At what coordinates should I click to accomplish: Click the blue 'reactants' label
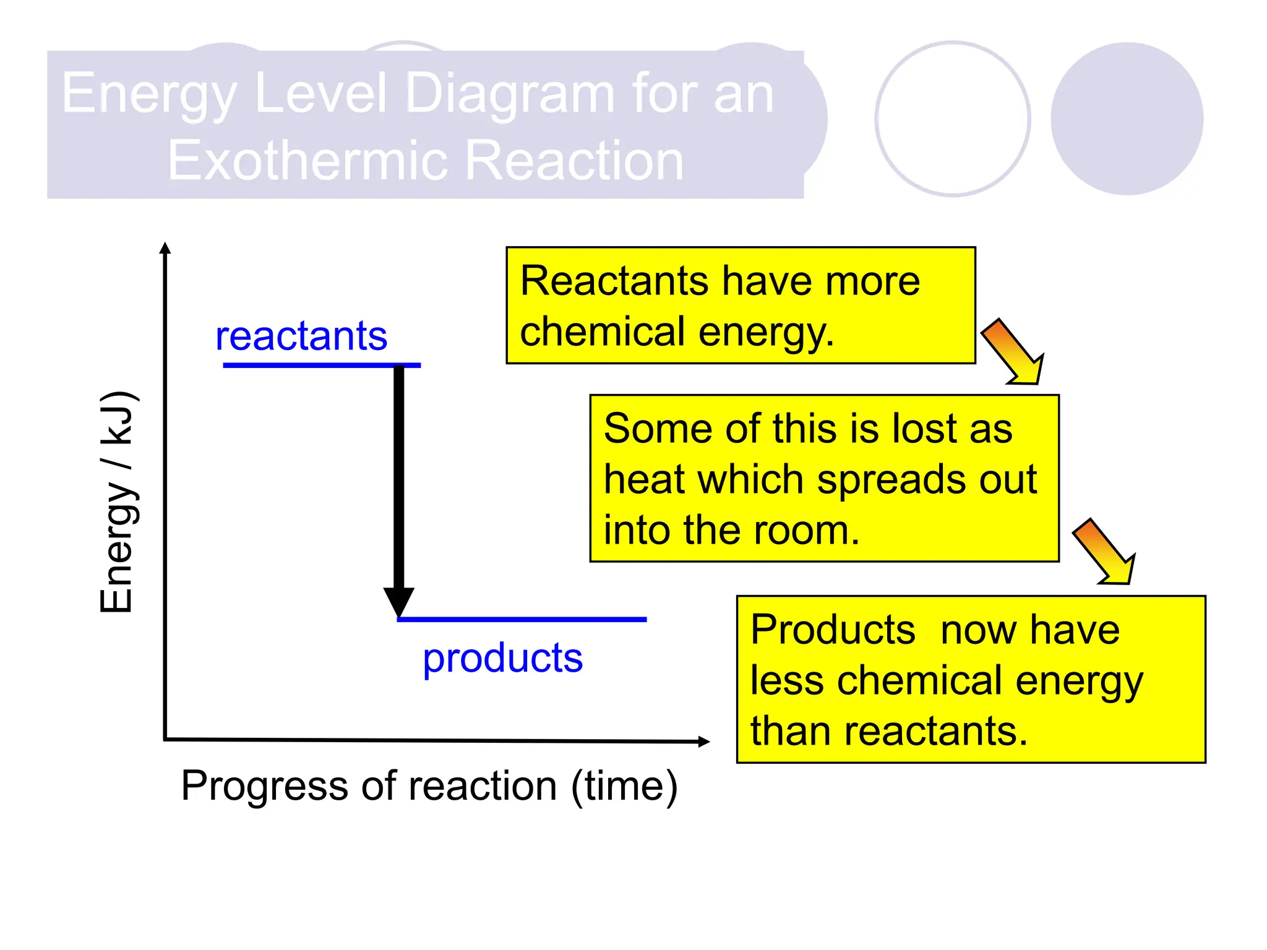[x=301, y=336]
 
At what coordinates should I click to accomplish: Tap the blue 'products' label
[x=502, y=658]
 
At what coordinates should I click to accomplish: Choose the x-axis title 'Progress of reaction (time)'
[x=429, y=787]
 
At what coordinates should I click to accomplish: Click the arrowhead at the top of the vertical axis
[x=165, y=249]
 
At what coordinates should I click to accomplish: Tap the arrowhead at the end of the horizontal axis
[x=703, y=742]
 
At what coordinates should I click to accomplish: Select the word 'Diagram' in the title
[x=511, y=94]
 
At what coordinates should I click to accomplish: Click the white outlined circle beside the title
[x=953, y=119]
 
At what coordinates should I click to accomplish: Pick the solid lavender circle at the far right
[x=1127, y=119]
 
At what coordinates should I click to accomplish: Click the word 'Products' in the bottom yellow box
[x=833, y=630]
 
